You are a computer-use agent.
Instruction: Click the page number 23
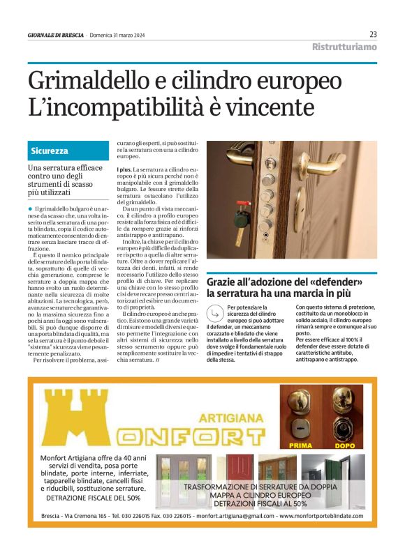click(373, 34)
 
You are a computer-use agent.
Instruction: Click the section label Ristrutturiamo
click(344, 47)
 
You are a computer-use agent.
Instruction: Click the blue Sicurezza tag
click(50, 151)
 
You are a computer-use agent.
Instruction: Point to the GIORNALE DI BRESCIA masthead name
click(56, 35)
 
